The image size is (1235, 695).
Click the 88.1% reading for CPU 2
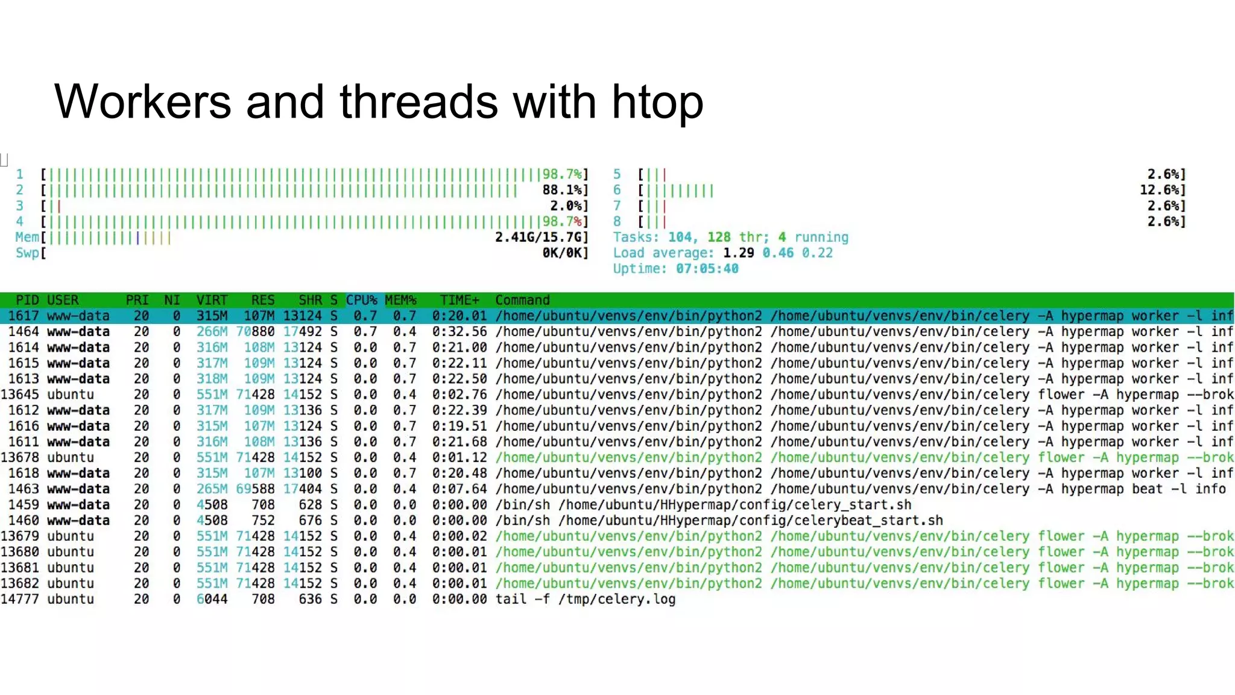564,190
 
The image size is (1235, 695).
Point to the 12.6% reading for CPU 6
1162,190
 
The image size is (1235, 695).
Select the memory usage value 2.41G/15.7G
541,237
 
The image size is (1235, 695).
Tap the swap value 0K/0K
564,253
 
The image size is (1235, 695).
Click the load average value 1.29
738,253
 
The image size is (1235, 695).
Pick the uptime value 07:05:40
707,268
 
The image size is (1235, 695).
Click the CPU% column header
361,300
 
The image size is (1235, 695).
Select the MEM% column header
400,300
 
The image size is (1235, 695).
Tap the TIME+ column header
460,300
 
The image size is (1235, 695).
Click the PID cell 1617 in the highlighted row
24,316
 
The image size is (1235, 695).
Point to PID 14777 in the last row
20,599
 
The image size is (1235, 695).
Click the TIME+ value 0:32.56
460,331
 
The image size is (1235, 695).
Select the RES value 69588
255,489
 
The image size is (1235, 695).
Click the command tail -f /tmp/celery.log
586,599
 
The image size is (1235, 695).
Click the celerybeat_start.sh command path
751,520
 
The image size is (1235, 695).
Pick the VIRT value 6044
212,599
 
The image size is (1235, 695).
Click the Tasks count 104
681,237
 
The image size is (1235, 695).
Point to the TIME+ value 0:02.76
460,395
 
